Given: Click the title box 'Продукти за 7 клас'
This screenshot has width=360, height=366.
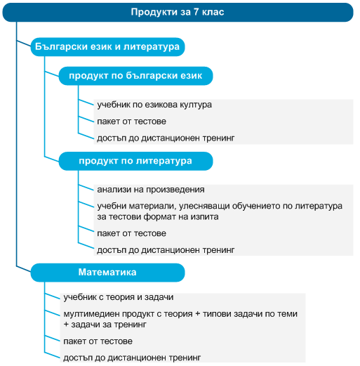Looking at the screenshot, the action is pyautogui.click(x=178, y=13).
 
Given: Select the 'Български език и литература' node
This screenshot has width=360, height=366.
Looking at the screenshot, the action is pyautogui.click(x=107, y=47).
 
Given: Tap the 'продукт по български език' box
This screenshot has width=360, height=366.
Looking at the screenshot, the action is pyautogui.click(x=135, y=76).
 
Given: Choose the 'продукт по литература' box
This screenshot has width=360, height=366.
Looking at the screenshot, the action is pyautogui.click(x=135, y=161).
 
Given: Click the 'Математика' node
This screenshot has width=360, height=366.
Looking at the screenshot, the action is pyautogui.click(x=107, y=273).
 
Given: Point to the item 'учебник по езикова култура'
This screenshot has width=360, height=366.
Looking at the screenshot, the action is pyautogui.click(x=154, y=105).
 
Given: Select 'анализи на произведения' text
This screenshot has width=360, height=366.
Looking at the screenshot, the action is pyautogui.click(x=151, y=190).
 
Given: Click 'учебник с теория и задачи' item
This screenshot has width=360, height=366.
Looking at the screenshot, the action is pyautogui.click(x=119, y=297).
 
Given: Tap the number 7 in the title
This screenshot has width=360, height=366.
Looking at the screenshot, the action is pyautogui.click(x=196, y=12).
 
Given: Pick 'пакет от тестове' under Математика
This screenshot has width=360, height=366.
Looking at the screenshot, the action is pyautogui.click(x=98, y=341).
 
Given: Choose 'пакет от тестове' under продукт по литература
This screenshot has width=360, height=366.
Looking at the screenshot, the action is pyautogui.click(x=131, y=233).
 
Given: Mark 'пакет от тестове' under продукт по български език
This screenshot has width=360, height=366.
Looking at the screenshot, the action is pyautogui.click(x=131, y=122).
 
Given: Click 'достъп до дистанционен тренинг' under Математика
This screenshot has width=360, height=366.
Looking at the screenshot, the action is pyautogui.click(x=132, y=358).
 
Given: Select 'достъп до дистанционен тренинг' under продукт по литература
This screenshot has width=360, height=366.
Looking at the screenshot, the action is pyautogui.click(x=166, y=250).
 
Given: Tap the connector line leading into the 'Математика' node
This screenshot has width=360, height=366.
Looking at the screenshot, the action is pyautogui.click(x=23, y=269).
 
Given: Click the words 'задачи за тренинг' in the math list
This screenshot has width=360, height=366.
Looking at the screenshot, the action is pyautogui.click(x=109, y=325).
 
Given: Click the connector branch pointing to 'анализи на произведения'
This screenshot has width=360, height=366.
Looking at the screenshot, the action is pyautogui.click(x=86, y=188).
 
